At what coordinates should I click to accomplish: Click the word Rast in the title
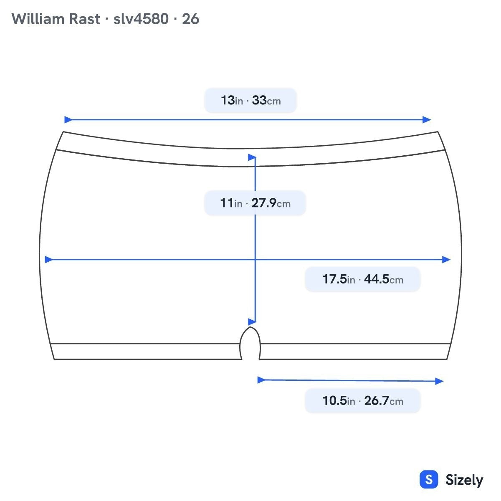pyautogui.click(x=84, y=19)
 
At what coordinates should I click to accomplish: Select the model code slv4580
pyautogui.click(x=141, y=19)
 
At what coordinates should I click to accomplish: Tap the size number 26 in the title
pyautogui.click(x=190, y=19)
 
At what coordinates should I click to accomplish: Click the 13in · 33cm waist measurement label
pyautogui.click(x=250, y=100)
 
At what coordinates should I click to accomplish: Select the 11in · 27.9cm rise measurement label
pyautogui.click(x=255, y=203)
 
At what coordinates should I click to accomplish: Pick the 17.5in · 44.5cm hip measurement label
pyautogui.click(x=363, y=279)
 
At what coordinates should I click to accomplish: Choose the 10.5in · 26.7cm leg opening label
pyautogui.click(x=363, y=401)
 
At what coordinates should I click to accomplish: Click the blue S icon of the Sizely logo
pyautogui.click(x=429, y=479)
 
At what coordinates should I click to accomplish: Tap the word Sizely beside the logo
pyautogui.click(x=464, y=480)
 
